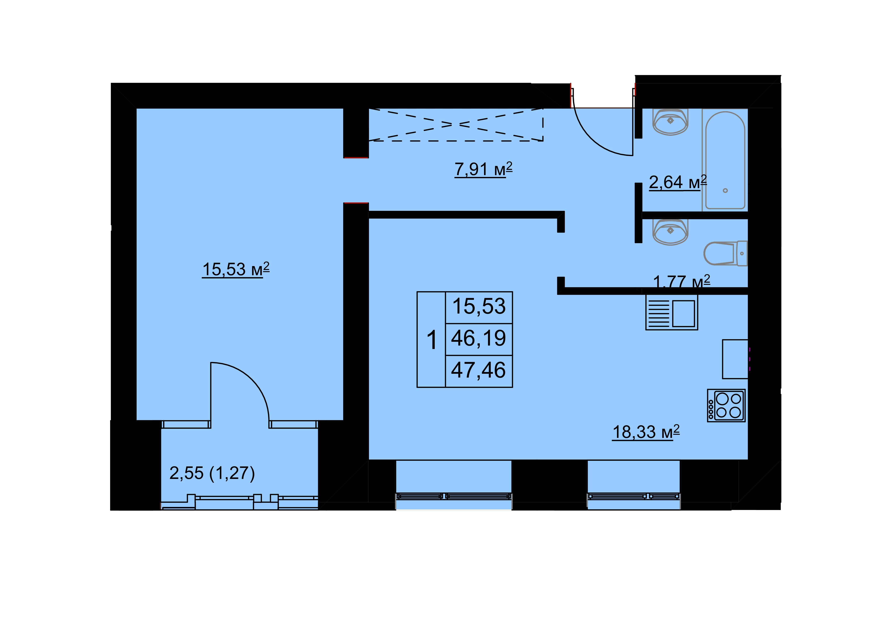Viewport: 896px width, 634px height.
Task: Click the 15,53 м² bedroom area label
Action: [236, 269]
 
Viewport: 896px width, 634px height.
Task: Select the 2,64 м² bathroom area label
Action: [678, 182]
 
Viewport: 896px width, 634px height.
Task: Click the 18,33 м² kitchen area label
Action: [646, 432]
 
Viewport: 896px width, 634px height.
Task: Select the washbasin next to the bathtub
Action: [670, 122]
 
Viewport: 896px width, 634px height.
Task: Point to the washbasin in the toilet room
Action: [670, 232]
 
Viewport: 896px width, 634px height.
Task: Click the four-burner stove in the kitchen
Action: [726, 405]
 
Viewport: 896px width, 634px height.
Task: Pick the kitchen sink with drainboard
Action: [672, 312]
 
